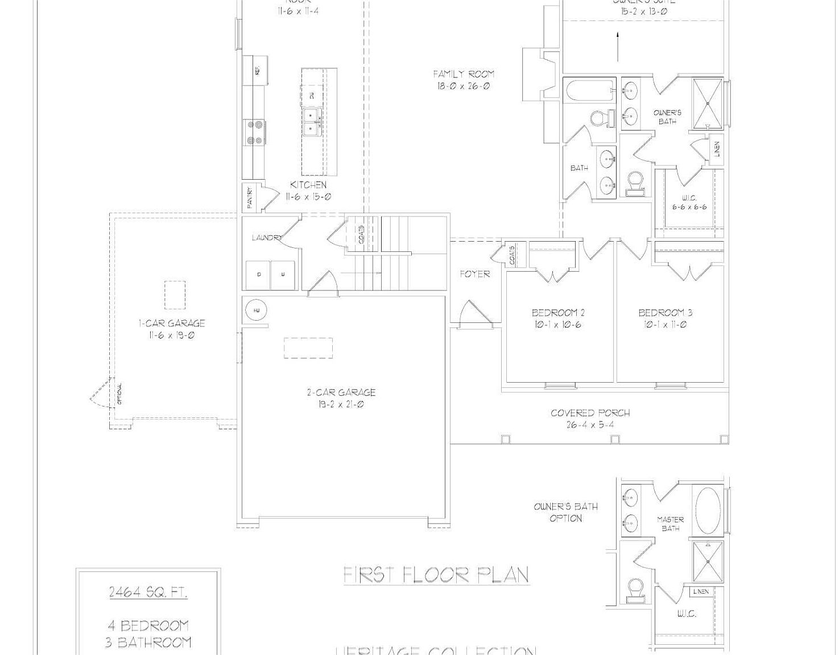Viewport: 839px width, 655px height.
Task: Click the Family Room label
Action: (464, 74)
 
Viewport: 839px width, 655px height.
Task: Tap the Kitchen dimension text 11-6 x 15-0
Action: (308, 197)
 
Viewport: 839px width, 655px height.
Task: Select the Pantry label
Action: (250, 197)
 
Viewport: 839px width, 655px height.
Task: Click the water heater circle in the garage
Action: (256, 310)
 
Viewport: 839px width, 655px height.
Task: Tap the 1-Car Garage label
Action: (172, 323)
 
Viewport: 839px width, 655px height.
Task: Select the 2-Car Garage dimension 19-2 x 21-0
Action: (341, 405)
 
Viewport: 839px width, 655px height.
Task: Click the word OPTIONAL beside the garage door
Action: (119, 393)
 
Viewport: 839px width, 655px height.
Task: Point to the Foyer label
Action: (475, 274)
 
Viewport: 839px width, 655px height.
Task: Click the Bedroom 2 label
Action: (558, 313)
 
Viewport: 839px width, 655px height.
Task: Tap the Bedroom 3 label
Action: (665, 313)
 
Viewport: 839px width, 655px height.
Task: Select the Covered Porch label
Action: (590, 413)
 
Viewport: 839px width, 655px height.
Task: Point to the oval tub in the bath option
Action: (708, 510)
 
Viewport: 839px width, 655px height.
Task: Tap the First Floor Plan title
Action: (437, 575)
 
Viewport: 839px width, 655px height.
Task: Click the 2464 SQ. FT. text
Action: (148, 592)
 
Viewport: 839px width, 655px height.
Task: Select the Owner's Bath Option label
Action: (565, 512)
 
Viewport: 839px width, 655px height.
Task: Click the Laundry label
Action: (266, 238)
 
